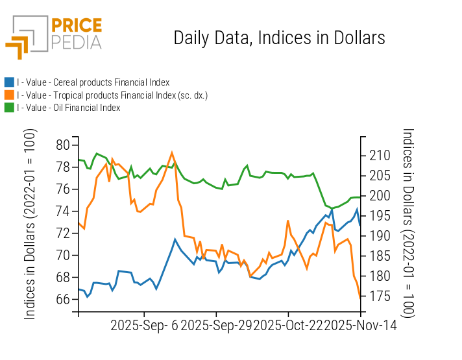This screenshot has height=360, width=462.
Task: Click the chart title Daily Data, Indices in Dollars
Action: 279,38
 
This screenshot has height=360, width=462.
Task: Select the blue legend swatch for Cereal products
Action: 9,82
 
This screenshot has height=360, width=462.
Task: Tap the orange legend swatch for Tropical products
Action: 9,95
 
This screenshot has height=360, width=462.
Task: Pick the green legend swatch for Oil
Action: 9,108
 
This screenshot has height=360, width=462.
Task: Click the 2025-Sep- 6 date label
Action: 144,325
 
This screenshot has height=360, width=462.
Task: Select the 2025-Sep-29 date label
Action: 217,325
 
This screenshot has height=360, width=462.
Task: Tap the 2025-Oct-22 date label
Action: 289,325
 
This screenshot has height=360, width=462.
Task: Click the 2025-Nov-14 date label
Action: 361,325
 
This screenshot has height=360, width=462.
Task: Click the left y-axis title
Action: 30,224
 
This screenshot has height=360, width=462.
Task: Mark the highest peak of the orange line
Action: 172,152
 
